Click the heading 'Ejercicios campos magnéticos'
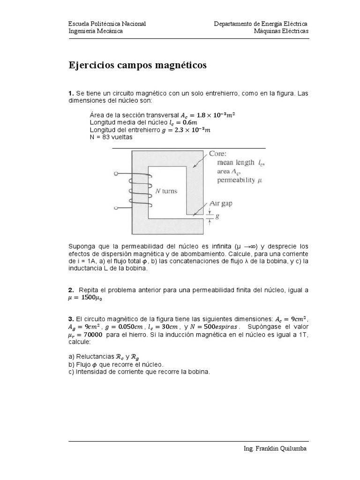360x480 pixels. point(137,66)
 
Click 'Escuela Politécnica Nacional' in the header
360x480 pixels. point(107,23)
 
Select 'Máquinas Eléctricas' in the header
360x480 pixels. point(281,31)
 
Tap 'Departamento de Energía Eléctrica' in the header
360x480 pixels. point(261,23)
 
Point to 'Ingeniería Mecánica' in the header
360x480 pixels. point(96,31)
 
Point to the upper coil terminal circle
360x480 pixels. point(115,174)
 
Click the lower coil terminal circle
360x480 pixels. point(115,207)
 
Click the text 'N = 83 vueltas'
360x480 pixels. point(111,137)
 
